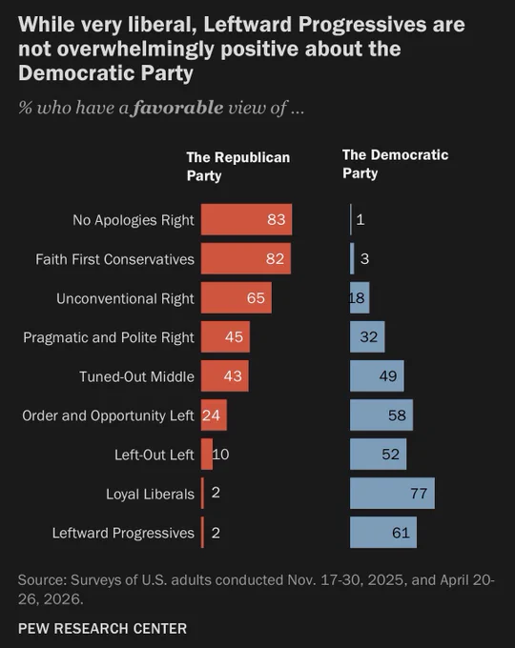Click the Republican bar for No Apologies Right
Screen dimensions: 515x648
247,219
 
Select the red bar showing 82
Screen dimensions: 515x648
246,258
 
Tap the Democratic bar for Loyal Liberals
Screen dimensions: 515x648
392,493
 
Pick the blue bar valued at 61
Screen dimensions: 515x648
383,533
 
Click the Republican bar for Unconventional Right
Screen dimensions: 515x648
237,297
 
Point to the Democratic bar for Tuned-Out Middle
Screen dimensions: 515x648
377,375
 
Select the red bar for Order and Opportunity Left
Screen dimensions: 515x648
214,415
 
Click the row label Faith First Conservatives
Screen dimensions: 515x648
115,259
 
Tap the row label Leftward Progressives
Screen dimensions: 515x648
123,533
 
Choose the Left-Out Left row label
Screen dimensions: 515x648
154,455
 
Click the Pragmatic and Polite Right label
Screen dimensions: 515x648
109,337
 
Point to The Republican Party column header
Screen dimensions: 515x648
238,167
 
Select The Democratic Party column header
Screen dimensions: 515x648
395,164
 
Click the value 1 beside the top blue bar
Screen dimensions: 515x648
360,219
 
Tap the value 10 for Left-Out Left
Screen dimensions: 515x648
221,455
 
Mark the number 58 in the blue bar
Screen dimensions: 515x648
397,415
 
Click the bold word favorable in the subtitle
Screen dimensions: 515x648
178,108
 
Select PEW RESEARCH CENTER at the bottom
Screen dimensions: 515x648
103,629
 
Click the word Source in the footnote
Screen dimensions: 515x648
42,579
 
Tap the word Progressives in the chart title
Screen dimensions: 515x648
362,25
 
